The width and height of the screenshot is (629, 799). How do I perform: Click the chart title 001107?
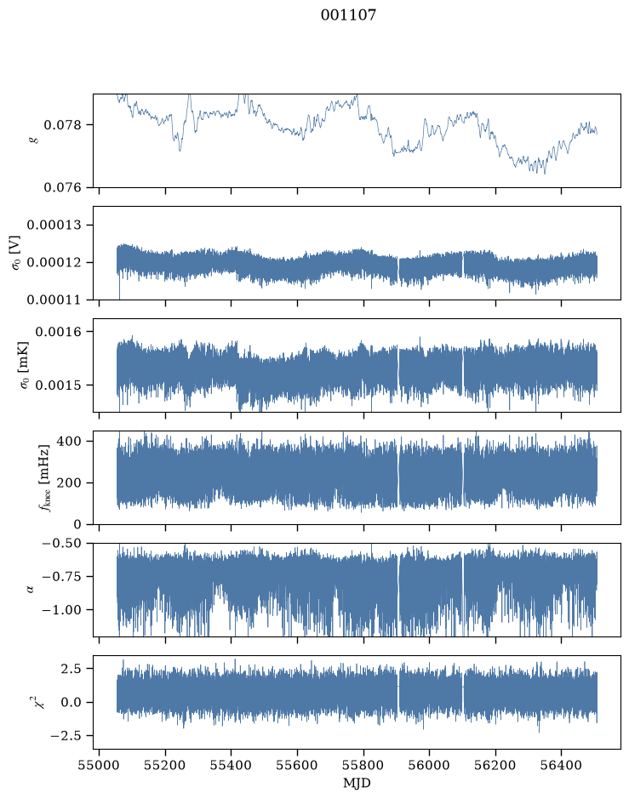(348, 15)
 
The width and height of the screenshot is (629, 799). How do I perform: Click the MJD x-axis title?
(357, 783)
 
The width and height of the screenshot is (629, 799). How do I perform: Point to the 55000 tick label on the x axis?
(99, 765)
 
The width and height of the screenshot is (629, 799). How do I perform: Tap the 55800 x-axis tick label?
(363, 765)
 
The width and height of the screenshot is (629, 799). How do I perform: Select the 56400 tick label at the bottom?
(561, 765)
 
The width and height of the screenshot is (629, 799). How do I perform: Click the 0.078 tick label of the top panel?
(62, 125)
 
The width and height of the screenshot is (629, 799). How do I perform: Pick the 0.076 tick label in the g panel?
(62, 188)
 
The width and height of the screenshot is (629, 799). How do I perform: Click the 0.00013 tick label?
(54, 225)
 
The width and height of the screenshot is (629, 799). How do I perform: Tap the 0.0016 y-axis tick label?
(58, 332)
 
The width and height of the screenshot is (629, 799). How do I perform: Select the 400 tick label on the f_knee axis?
(69, 441)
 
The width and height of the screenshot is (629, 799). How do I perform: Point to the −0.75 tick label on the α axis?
(61, 577)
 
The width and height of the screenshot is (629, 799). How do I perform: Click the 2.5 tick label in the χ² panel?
(71, 669)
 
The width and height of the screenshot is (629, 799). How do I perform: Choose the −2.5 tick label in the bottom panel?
(66, 736)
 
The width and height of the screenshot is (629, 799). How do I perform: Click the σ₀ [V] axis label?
(16, 253)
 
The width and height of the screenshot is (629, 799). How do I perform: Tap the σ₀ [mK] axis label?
(24, 365)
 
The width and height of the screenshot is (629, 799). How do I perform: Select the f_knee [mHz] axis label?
(44, 478)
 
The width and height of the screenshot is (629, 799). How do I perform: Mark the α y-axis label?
(31, 590)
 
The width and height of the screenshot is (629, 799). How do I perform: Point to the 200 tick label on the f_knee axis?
(69, 483)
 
